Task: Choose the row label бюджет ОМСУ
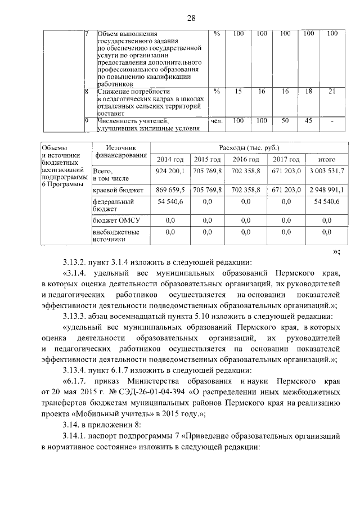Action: click(115, 221)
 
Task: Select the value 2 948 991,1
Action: click(327, 191)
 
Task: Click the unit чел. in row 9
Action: click(217, 120)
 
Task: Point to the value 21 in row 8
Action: click(332, 91)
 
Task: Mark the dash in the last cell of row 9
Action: click(332, 120)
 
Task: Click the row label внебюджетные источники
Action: click(116, 235)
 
